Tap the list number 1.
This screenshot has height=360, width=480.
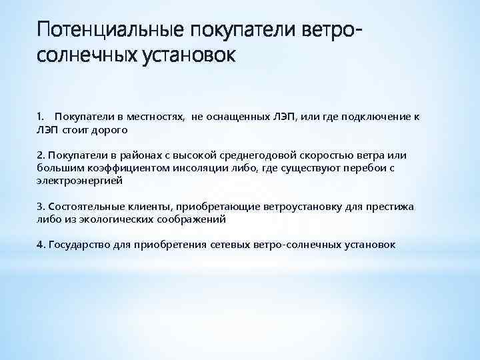click(39, 117)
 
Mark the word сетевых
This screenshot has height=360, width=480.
click(229, 245)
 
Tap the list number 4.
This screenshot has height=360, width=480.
click(40, 245)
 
